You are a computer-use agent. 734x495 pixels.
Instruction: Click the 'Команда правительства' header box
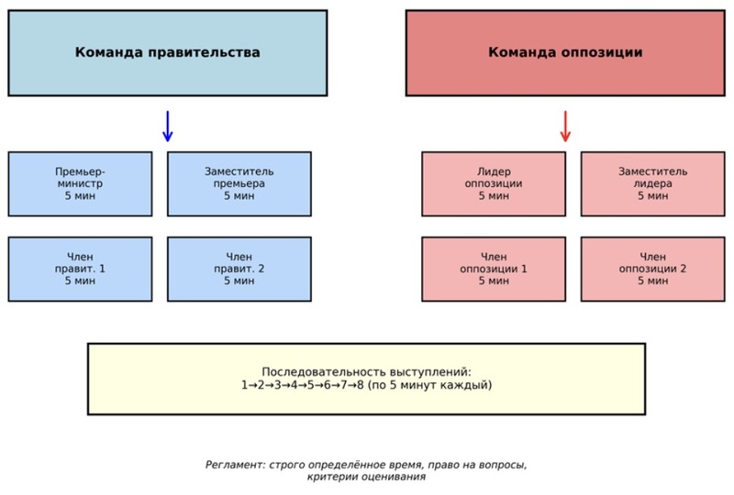[167, 53]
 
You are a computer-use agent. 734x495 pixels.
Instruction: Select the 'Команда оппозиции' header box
[565, 53]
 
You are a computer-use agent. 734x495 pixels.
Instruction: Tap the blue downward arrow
[167, 126]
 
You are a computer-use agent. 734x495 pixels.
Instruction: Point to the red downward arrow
[565, 126]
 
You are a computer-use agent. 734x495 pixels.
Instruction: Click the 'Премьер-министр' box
[80, 183]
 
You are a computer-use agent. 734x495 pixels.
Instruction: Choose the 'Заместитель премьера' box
[239, 183]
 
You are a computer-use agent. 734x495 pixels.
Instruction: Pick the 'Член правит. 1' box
[80, 269]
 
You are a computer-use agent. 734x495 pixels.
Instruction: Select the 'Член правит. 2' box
[239, 269]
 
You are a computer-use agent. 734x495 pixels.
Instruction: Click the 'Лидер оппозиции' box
[494, 183]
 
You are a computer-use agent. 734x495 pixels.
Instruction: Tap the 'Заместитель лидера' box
[652, 183]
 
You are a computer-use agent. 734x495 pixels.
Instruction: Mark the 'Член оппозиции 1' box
[494, 269]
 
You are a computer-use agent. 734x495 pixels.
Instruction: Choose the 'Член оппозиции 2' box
[652, 269]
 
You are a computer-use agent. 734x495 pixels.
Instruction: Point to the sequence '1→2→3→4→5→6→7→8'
[302, 386]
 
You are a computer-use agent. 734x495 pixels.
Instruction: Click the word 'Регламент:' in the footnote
[233, 465]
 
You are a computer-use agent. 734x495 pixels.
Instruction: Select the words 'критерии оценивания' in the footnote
[366, 478]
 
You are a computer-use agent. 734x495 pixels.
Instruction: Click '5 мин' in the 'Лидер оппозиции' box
[494, 196]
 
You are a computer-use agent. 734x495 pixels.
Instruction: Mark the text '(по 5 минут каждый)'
[429, 386]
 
